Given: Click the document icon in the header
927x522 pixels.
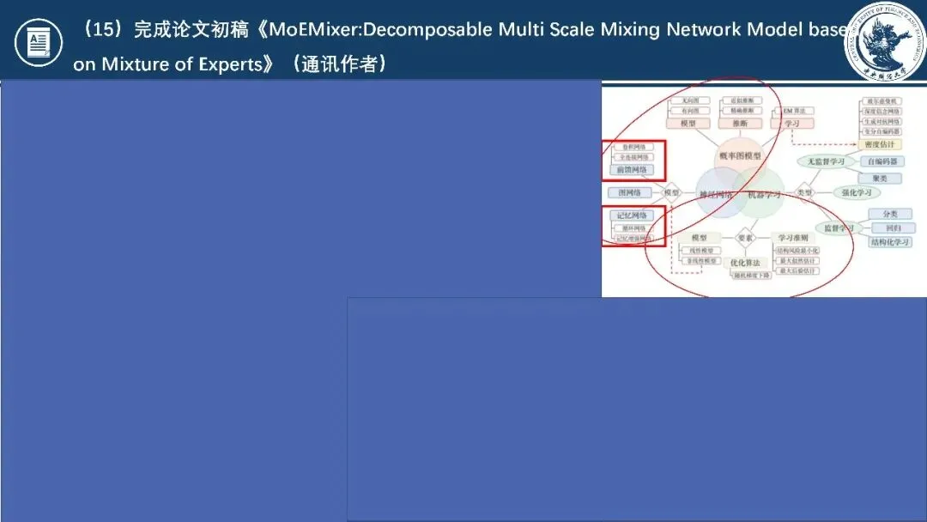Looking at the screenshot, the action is pos(39,42).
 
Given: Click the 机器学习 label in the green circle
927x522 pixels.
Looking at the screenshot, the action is pos(764,196).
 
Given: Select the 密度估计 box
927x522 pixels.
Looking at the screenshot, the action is pos(880,144).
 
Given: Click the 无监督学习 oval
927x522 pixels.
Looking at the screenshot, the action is pos(826,161).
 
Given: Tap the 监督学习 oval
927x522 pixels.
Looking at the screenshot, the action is pos(839,228).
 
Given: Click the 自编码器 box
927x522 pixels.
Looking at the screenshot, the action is pos(882,161).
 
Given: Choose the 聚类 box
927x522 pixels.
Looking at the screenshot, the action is pos(880,178).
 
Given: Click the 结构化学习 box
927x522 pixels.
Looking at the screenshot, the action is pos(890,242).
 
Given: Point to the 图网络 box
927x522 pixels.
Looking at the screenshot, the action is pos(632,193).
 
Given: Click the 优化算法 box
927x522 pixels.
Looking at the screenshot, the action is pos(744,263).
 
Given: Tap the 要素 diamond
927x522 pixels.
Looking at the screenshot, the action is pos(744,237).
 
